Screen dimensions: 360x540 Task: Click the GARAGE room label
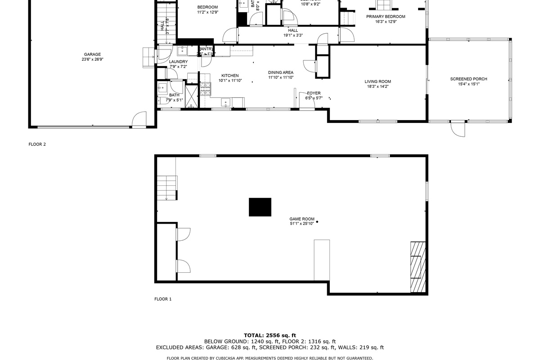[x=92, y=54]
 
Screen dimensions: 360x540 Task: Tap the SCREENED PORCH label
[x=468, y=79]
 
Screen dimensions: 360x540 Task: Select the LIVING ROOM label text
[x=378, y=82]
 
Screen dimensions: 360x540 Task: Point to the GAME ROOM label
[x=301, y=219]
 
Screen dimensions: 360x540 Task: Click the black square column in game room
[x=260, y=207]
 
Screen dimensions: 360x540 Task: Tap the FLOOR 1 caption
[x=163, y=299]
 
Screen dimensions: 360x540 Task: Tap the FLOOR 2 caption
[x=37, y=144]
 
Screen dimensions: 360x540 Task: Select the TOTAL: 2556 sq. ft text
[x=270, y=335]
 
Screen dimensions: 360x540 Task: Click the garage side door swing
[x=139, y=120]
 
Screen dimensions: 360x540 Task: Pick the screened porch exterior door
[x=458, y=129]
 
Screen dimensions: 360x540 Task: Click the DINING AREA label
[x=281, y=72]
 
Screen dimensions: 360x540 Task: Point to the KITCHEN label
[x=230, y=76]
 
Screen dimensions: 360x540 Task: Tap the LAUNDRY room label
[x=178, y=62]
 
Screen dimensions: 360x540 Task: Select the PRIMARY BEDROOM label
[x=386, y=17]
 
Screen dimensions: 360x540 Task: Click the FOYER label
[x=314, y=93]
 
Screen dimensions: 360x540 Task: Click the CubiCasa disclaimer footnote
[x=270, y=358]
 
